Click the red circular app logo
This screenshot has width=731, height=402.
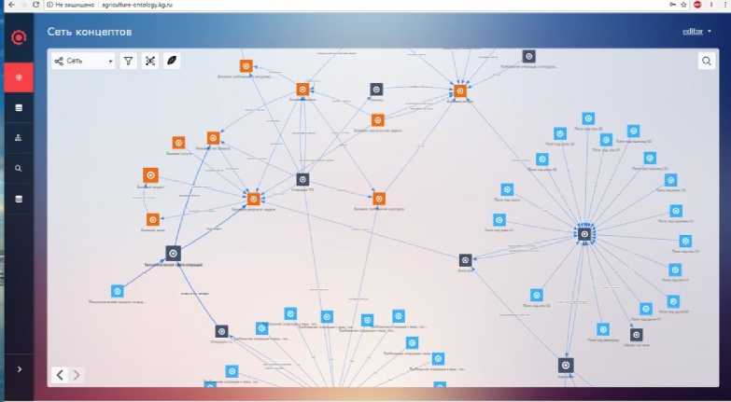click(x=18, y=37)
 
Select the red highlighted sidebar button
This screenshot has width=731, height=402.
click(x=18, y=76)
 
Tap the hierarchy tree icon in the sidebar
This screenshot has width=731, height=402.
click(x=18, y=137)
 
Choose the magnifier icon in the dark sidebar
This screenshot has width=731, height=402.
click(x=18, y=168)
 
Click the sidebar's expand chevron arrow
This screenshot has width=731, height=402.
click(x=18, y=369)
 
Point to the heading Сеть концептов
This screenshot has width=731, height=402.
click(x=90, y=33)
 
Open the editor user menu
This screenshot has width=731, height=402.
click(x=696, y=32)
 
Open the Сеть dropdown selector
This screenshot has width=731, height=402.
click(x=83, y=62)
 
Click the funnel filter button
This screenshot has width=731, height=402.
click(x=129, y=62)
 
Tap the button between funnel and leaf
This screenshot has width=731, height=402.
click(x=150, y=62)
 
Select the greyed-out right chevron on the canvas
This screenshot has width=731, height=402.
click(x=77, y=375)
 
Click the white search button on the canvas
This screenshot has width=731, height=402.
click(x=707, y=62)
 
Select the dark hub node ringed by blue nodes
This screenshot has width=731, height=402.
click(x=584, y=233)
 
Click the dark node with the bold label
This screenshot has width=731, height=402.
click(x=173, y=253)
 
